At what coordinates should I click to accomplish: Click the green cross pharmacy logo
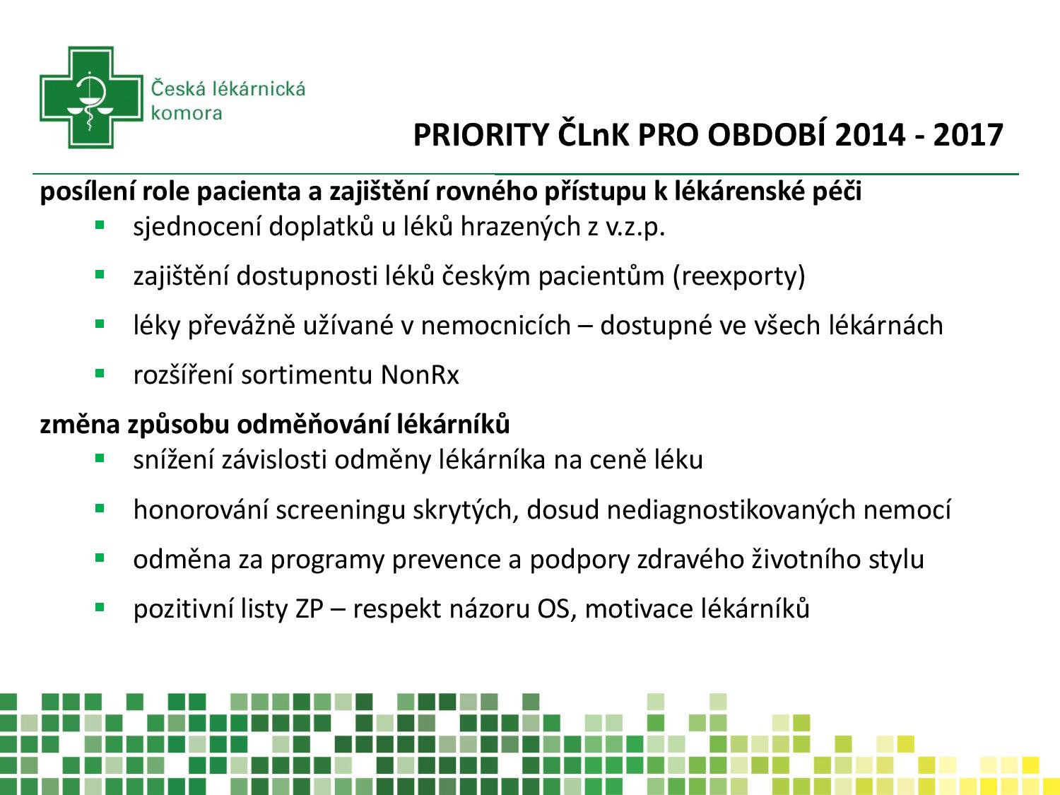[91, 98]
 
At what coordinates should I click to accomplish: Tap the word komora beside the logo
[187, 113]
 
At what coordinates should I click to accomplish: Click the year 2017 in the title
[968, 135]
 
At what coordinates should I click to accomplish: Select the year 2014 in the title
[870, 135]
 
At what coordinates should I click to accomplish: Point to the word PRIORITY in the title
[481, 135]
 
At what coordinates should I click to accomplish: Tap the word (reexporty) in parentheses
[739, 276]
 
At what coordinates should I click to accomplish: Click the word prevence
[446, 560]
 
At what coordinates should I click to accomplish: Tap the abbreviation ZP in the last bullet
[309, 608]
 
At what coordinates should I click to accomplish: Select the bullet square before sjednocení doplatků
[100, 225]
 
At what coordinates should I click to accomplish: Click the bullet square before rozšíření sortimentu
[100, 373]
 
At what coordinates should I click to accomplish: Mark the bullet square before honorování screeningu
[100, 508]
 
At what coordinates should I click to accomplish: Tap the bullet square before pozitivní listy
[100, 607]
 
